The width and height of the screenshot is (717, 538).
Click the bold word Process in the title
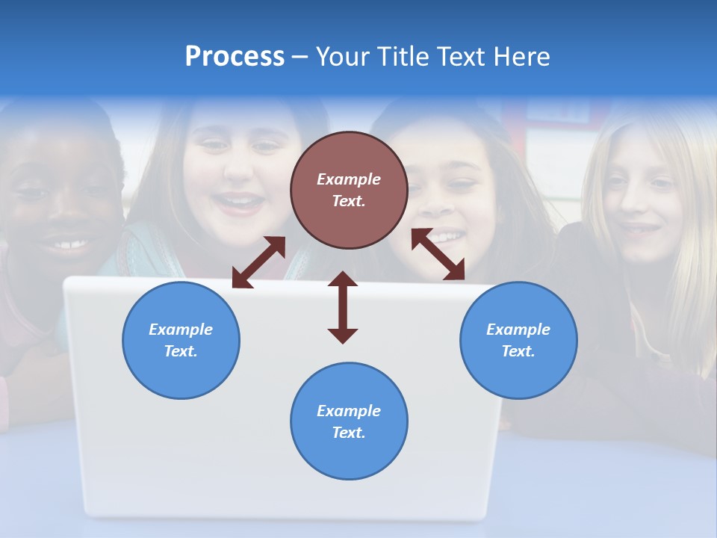pos(235,57)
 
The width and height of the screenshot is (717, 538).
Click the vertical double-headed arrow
pos(343,307)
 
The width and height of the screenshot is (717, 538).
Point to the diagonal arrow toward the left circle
pos(258,262)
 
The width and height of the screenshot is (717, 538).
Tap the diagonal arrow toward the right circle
pos(438,255)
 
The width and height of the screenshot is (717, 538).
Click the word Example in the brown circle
pos(349,179)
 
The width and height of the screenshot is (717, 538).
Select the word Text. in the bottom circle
pos(349,433)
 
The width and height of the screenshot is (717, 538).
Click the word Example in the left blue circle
pos(181,330)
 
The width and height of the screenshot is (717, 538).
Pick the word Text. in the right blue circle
pos(518,351)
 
